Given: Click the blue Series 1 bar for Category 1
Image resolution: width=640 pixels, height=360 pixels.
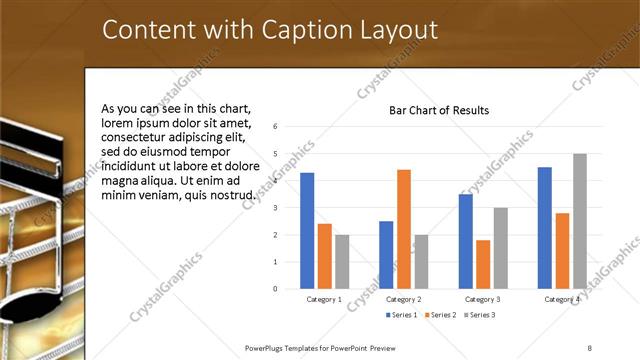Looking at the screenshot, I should coord(307,231).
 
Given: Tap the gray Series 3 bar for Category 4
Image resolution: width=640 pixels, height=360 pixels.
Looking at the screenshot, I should coord(579,221).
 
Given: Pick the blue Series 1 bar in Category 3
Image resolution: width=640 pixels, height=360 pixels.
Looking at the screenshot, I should coord(465,241).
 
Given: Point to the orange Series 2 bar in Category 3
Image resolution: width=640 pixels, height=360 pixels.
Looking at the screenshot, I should coord(483,264).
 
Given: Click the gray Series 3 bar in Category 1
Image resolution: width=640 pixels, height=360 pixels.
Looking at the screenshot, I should coord(342,262).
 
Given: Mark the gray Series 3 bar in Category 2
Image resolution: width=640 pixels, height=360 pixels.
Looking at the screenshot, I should coord(421,262).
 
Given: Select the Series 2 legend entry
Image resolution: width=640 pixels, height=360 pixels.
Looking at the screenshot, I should coord(439,315).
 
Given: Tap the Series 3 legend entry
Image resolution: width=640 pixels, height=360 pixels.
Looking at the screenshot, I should coord(478,315).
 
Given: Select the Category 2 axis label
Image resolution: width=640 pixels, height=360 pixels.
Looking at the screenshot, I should coord(403,299).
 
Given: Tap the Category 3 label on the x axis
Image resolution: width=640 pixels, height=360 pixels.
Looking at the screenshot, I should coord(483,299).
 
